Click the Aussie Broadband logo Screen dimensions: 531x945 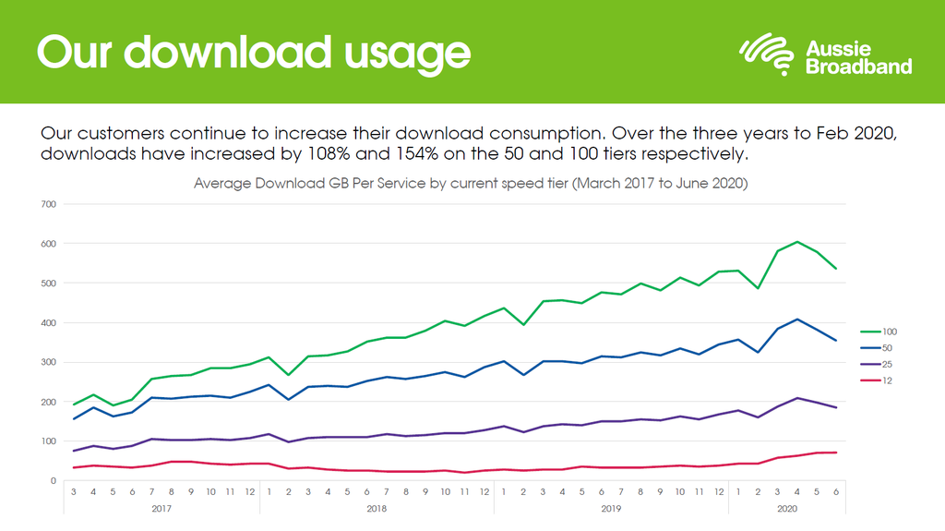(825, 54)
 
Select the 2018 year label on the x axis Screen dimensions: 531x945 (377, 508)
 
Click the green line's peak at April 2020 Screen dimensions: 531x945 (797, 242)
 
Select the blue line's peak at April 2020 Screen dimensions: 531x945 (797, 320)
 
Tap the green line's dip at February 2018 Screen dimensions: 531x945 (288, 375)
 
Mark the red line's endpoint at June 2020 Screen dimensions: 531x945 (836, 453)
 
